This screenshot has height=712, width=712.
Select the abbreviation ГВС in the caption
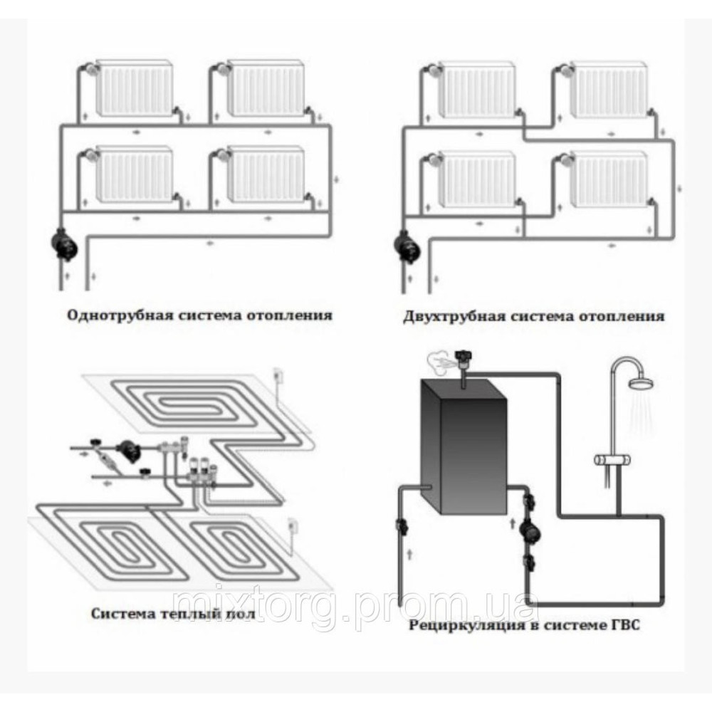623,625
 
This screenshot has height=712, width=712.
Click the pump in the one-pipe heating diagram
65,244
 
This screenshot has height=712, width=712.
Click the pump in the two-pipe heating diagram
407,246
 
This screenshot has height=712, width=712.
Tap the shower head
642,384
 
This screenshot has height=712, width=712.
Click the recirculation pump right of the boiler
528,528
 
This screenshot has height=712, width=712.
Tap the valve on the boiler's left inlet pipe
402,527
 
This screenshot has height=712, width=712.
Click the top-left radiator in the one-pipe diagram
135,87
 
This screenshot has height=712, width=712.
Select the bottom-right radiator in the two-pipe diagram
609,179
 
